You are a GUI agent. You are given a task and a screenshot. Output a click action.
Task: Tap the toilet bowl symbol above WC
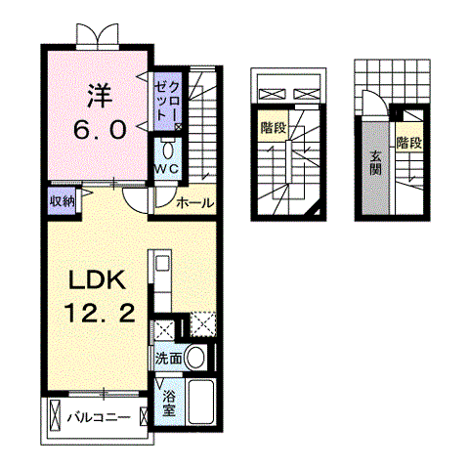pyautogui.click(x=167, y=149)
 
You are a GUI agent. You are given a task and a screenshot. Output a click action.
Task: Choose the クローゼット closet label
pyautogui.click(x=167, y=101)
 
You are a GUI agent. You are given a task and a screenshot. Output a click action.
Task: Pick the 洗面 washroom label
pyautogui.click(x=167, y=359)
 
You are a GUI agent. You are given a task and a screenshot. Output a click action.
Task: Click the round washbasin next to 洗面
pyautogui.click(x=197, y=358)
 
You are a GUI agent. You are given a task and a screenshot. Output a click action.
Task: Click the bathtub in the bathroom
pyautogui.click(x=200, y=402)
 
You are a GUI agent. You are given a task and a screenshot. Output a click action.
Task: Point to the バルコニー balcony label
pyautogui.click(x=98, y=417)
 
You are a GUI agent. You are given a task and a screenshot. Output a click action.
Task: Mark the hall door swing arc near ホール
pyautogui.click(x=140, y=199)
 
